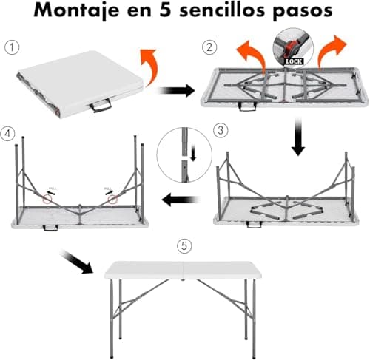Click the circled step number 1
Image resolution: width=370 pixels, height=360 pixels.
click(10, 46)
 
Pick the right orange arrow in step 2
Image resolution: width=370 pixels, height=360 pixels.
click(332, 50)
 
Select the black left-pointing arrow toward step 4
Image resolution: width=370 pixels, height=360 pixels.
click(182, 198)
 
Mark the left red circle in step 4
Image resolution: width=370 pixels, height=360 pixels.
click(47, 198)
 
